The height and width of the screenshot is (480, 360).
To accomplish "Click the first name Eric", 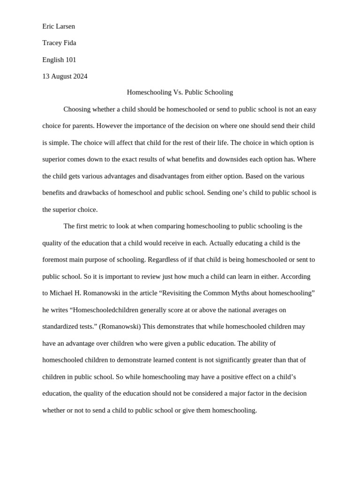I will [x=49, y=26].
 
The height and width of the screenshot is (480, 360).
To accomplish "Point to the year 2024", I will [x=79, y=76].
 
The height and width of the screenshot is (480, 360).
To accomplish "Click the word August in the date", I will [x=61, y=76].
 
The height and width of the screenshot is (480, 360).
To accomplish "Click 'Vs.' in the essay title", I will [x=178, y=92].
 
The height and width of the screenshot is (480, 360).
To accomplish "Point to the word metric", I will [x=99, y=226].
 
